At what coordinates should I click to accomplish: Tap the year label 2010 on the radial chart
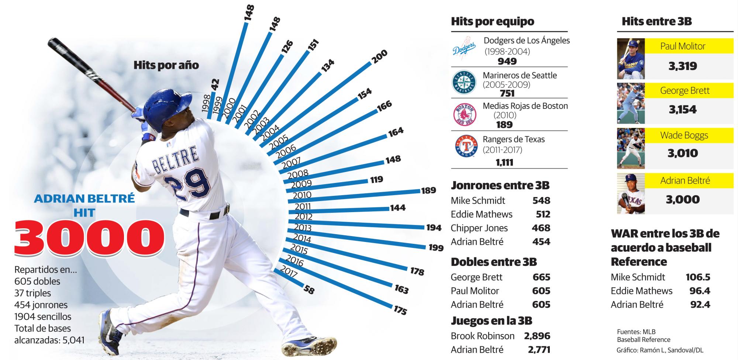pyautogui.click(x=302, y=195)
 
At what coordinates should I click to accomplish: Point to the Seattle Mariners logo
pyautogui.click(x=464, y=82)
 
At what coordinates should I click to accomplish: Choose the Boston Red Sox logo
pyautogui.click(x=465, y=115)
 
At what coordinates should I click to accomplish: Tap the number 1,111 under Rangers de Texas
pyautogui.click(x=504, y=162)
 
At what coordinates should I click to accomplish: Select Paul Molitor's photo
pyautogui.click(x=631, y=59)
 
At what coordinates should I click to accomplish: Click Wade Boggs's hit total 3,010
pyautogui.click(x=683, y=153)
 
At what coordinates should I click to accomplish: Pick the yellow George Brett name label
pyautogui.click(x=684, y=90)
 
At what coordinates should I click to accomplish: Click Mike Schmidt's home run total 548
pyautogui.click(x=541, y=201)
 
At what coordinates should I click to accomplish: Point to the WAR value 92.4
pyautogui.click(x=700, y=305)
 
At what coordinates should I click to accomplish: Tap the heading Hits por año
pyautogui.click(x=166, y=66)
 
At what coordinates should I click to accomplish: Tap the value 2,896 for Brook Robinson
pyautogui.click(x=537, y=336)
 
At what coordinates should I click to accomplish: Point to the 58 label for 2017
pyautogui.click(x=309, y=290)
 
